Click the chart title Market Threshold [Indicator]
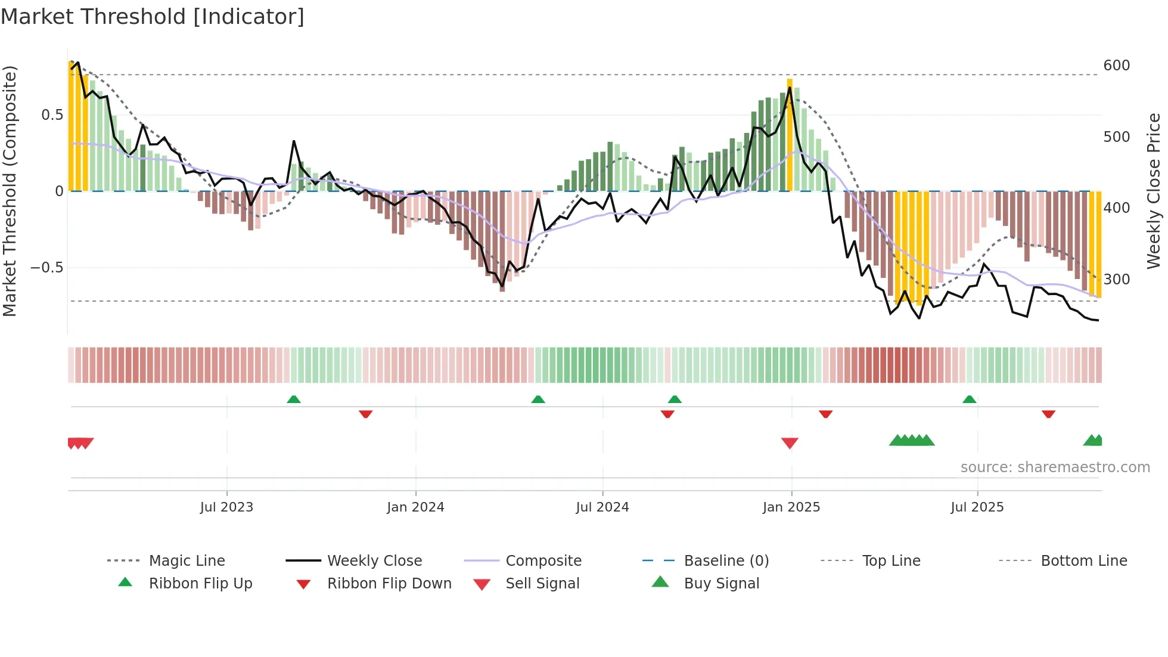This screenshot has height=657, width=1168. click(x=153, y=17)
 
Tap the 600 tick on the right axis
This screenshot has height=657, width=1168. click(x=1116, y=66)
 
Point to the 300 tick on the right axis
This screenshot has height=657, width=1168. click(x=1116, y=280)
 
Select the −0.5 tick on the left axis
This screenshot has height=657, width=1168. click(x=46, y=268)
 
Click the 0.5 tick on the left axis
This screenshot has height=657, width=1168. click(x=52, y=115)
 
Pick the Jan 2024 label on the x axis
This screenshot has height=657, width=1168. click(x=415, y=507)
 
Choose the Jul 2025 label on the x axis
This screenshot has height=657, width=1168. click(x=977, y=507)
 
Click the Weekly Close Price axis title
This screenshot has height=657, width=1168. click(x=1154, y=191)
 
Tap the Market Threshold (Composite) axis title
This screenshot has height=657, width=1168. click(x=10, y=191)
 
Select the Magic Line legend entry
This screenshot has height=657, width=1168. click(x=187, y=561)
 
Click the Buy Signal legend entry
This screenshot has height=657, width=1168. click(x=721, y=584)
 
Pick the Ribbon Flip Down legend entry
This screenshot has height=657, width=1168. click(x=389, y=584)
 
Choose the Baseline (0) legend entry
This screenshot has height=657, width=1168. click(x=726, y=561)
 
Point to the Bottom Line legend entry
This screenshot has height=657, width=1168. click(x=1083, y=561)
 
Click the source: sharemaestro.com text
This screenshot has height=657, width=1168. click(x=1055, y=467)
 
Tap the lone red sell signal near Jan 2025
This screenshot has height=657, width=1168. click(x=790, y=443)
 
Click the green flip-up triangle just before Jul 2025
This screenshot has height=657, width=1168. click(x=969, y=399)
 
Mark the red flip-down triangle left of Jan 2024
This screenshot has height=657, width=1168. click(x=365, y=414)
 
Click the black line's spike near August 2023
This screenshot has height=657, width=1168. click(x=294, y=142)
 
